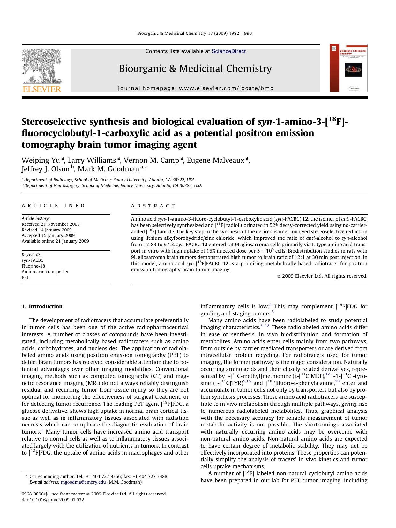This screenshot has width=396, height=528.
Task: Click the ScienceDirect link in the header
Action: [x=228, y=51]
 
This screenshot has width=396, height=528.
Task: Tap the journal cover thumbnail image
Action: [x=348, y=68]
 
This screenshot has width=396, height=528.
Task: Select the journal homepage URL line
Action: [x=196, y=88]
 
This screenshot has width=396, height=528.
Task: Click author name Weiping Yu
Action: [x=41, y=160]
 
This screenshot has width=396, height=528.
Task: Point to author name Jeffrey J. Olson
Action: [x=45, y=169]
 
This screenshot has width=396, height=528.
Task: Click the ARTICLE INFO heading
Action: [x=53, y=206]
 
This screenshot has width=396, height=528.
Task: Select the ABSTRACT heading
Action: [x=153, y=206]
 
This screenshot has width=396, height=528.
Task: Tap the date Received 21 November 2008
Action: [x=50, y=224]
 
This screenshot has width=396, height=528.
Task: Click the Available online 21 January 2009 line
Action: [x=55, y=241]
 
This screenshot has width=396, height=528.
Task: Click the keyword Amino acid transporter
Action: [x=45, y=272]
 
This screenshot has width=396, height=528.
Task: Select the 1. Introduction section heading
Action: [x=42, y=306]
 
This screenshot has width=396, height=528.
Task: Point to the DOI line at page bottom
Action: [x=53, y=500]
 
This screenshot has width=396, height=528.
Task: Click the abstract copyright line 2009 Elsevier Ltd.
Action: [x=322, y=276]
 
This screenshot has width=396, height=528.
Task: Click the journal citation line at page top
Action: [x=194, y=33]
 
